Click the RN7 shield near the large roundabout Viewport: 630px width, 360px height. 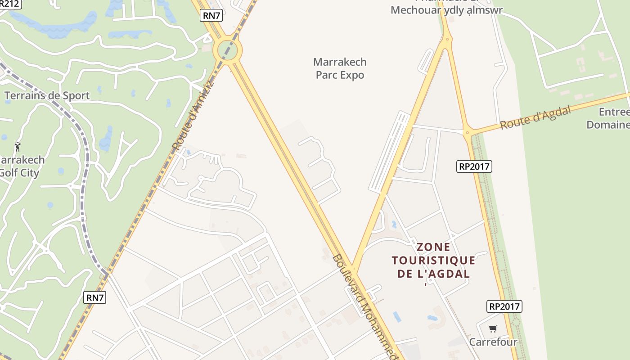211,16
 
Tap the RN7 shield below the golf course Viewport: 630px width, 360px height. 95,297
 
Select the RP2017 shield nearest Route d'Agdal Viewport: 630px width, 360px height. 474,166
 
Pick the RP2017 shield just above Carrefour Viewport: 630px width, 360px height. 504,306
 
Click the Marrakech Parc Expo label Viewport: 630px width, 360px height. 340,68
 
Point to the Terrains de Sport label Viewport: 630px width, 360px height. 47,95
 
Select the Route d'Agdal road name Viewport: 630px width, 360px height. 535,117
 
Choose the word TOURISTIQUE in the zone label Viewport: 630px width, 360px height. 433,260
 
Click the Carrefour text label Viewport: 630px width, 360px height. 493,342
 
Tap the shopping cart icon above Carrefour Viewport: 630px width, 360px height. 493,328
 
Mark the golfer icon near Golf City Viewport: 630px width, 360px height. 18,147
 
